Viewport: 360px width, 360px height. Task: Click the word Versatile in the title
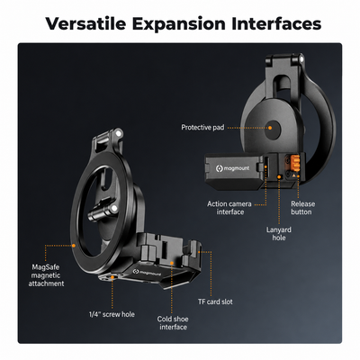click(x=85, y=23)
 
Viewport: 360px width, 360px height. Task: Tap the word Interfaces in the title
click(x=276, y=23)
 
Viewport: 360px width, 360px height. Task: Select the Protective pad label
click(x=202, y=128)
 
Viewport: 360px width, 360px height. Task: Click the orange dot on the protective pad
click(x=270, y=128)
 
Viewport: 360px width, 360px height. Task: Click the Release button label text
click(x=302, y=208)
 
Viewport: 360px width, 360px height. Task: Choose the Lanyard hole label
click(x=279, y=234)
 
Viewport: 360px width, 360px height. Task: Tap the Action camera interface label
click(x=229, y=208)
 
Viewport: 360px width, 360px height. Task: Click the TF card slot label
click(x=215, y=301)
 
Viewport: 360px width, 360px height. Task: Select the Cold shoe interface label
click(x=173, y=323)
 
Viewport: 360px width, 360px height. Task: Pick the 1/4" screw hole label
click(x=112, y=314)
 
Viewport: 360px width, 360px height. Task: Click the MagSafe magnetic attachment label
click(x=46, y=275)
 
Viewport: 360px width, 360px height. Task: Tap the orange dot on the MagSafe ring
click(x=74, y=246)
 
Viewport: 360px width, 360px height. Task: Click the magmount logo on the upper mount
click(x=232, y=168)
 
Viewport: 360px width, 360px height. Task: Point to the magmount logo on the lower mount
click(x=148, y=273)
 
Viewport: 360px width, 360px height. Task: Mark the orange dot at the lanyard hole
click(x=279, y=177)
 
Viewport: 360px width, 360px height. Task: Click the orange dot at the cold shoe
click(x=172, y=263)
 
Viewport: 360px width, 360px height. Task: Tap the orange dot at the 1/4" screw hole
click(x=112, y=277)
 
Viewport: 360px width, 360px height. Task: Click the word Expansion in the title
click(x=179, y=24)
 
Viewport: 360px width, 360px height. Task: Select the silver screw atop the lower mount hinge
click(x=119, y=133)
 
